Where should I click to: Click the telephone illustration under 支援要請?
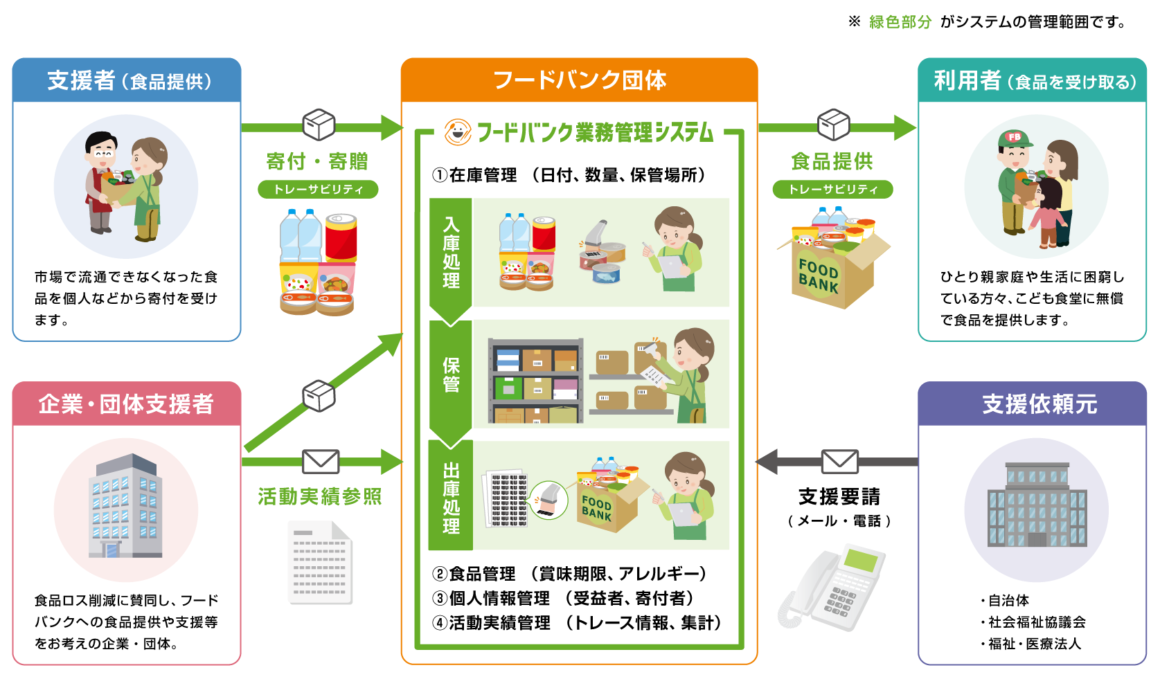(x=830, y=588)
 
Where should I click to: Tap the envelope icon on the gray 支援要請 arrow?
(x=839, y=461)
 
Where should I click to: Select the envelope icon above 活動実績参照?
(x=321, y=461)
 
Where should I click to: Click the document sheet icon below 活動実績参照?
(x=320, y=563)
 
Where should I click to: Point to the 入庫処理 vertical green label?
(x=451, y=253)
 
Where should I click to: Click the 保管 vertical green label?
(x=451, y=374)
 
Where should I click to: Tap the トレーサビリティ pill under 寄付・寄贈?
(x=318, y=190)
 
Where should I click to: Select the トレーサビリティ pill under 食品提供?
(x=832, y=190)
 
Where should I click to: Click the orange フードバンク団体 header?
(x=580, y=80)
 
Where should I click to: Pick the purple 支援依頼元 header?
(x=1032, y=404)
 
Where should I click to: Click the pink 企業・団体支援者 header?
(x=127, y=404)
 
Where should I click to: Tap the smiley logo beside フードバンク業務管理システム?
(x=458, y=132)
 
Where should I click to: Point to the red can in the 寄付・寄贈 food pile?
(x=341, y=238)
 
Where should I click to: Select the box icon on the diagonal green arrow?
(x=319, y=396)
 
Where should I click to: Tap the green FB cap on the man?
(x=1015, y=138)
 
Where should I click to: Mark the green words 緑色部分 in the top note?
(x=900, y=21)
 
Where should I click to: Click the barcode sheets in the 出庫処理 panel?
(x=505, y=499)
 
